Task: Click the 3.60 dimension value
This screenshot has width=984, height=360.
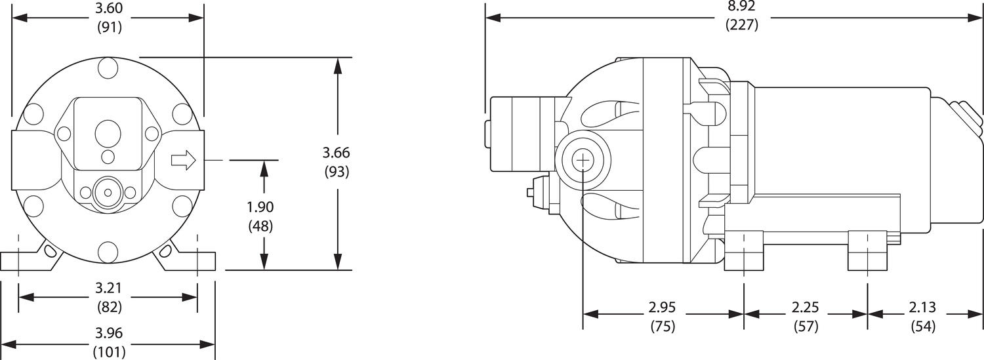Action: (109, 9)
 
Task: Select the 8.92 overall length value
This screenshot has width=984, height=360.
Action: (741, 7)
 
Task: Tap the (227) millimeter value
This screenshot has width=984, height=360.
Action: (741, 26)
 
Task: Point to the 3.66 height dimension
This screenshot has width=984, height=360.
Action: (336, 153)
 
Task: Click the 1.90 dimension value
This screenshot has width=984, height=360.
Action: (260, 207)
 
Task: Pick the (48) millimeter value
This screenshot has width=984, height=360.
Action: (260, 226)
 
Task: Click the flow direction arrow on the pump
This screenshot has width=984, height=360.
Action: (183, 160)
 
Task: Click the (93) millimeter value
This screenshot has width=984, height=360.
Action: (336, 172)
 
